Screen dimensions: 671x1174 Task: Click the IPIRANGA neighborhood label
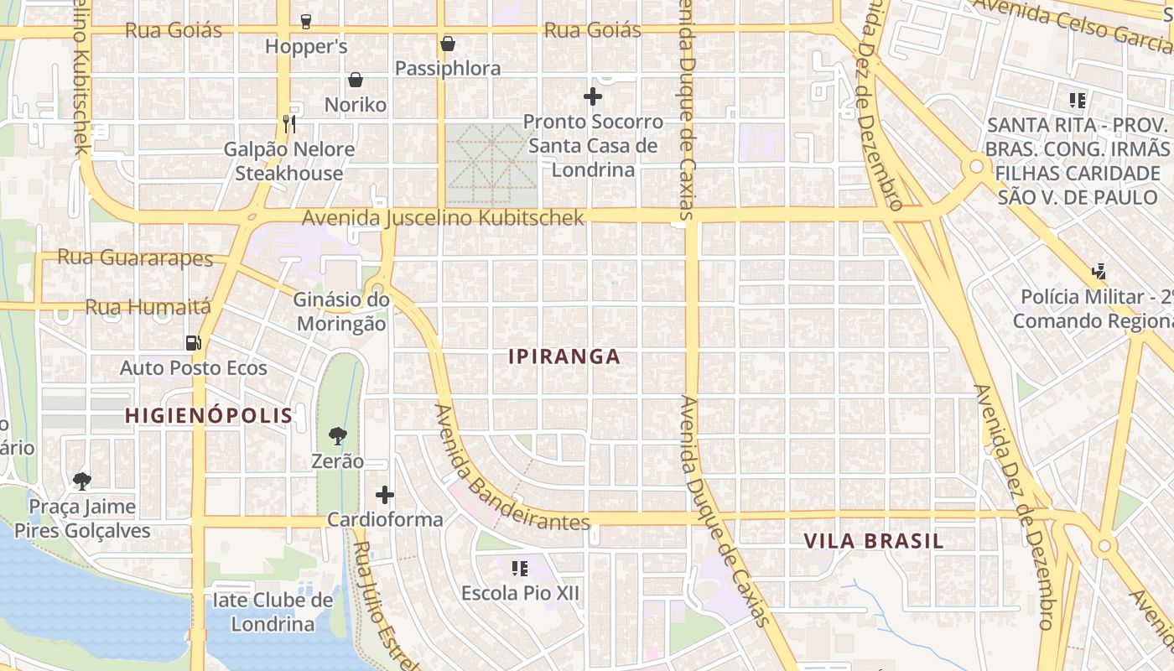coord(564,356)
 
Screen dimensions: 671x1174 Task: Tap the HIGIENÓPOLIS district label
coord(209,415)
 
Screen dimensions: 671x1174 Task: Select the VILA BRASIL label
coord(874,541)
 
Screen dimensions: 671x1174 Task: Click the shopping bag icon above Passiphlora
coord(448,44)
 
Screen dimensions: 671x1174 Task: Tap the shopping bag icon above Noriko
coord(356,80)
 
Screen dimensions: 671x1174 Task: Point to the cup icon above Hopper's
coord(306,21)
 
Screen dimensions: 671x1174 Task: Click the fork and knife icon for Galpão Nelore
coord(289,124)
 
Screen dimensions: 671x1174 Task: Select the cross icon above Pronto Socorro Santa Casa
coord(593,96)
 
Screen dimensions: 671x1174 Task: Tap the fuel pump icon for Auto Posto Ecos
coord(193,342)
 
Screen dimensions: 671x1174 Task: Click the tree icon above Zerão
coord(338,435)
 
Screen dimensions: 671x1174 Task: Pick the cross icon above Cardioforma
coord(385,495)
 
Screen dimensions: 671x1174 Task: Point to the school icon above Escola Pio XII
coord(520,569)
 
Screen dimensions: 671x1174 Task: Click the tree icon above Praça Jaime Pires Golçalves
coord(81,481)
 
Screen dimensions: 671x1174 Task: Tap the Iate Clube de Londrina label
coord(273,612)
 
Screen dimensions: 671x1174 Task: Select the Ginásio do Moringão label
coord(340,312)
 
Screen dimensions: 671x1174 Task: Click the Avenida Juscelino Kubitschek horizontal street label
coord(443,218)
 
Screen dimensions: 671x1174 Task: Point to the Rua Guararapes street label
coord(135,257)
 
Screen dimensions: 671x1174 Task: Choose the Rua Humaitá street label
coord(148,308)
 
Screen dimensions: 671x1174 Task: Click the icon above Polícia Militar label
coord(1099,271)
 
